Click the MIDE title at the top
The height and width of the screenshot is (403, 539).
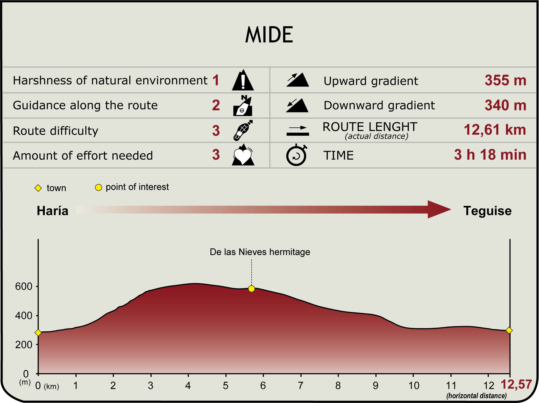[x=269, y=35]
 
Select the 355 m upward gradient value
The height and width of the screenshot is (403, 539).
[x=505, y=80]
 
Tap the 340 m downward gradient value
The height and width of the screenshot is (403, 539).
[x=505, y=105]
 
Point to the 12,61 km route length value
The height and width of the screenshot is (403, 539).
[x=495, y=130]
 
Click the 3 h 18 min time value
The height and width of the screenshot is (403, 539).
[x=490, y=155]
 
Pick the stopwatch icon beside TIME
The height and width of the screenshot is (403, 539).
[x=296, y=155]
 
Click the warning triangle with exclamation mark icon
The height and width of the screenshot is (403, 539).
[x=243, y=80]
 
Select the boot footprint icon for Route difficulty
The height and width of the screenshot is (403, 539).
[x=243, y=130]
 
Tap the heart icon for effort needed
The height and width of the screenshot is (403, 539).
[x=243, y=155]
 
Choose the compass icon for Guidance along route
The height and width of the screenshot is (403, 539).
[x=243, y=105]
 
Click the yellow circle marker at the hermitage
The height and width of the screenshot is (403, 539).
[x=251, y=289]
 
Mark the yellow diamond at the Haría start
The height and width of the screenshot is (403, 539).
[x=38, y=333]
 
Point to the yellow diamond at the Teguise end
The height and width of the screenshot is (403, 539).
[x=509, y=330]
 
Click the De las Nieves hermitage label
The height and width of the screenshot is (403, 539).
[x=260, y=252]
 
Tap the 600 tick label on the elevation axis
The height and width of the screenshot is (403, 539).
[x=24, y=286]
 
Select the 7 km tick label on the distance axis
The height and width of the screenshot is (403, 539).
[x=301, y=386]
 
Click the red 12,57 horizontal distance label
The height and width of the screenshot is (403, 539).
[x=516, y=384]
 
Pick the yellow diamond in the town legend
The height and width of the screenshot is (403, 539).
[x=38, y=188]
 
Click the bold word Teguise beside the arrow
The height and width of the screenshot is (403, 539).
[x=487, y=211]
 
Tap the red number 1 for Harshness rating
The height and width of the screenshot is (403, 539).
[x=216, y=80]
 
